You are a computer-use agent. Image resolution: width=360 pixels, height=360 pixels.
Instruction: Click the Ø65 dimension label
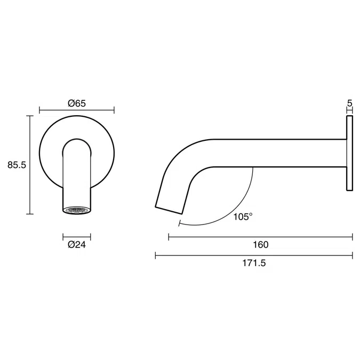pyautogui.click(x=77, y=103)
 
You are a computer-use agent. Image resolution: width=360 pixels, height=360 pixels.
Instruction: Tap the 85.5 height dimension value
pyautogui.click(x=17, y=165)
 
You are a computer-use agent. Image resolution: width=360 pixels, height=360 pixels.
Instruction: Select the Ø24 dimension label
pyautogui.click(x=77, y=244)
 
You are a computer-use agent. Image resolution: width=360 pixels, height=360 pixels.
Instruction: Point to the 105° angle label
pyautogui.click(x=243, y=217)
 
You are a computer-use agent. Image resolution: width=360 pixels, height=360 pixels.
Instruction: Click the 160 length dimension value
pyautogui.click(x=261, y=244)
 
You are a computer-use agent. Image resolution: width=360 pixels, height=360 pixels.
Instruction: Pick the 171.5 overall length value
pyautogui.click(x=254, y=263)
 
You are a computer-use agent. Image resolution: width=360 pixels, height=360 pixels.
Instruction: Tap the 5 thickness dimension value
pyautogui.click(x=349, y=103)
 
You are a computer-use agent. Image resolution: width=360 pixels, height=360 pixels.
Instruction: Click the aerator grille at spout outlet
pyautogui.click(x=77, y=210)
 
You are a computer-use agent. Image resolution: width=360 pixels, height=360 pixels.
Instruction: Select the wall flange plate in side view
pyautogui.click(x=349, y=153)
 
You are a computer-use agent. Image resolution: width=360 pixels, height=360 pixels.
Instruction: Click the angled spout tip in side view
pyautogui.click(x=169, y=210)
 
